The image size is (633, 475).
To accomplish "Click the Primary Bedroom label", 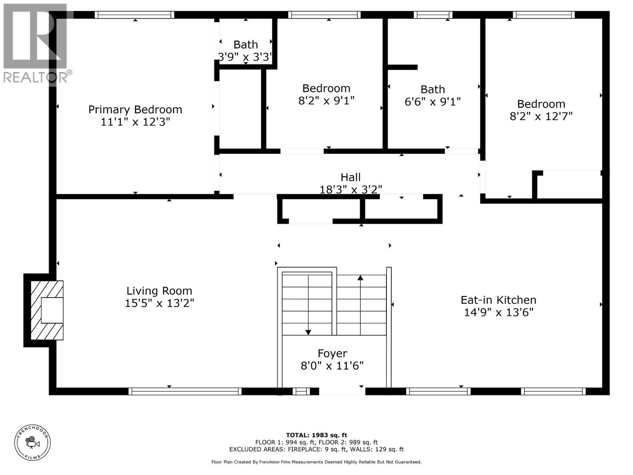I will [135, 109].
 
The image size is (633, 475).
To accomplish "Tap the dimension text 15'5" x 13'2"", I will [159, 303].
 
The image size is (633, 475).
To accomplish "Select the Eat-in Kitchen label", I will [498, 300].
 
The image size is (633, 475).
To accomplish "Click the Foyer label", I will [332, 353].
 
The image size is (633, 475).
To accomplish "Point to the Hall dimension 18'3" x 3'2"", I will [351, 190].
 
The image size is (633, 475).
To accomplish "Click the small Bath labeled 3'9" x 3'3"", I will [245, 45].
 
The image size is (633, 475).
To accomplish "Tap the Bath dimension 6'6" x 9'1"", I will [432, 102].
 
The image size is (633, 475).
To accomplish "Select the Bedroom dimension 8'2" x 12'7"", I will [541, 116].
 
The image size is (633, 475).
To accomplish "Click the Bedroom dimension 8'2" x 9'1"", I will [326, 101].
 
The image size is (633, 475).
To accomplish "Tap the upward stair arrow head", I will [360, 277].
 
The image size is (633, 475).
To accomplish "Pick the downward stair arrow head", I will [308, 332].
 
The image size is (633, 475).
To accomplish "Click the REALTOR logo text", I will [38, 76].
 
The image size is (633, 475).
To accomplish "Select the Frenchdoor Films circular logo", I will [32, 443].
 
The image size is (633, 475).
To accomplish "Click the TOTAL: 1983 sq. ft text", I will [316, 435].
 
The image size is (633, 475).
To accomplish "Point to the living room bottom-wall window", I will [185, 391].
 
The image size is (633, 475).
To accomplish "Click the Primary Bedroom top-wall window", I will [135, 15].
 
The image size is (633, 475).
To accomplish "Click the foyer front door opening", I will [342, 391].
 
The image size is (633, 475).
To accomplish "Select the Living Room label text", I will [159, 291].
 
